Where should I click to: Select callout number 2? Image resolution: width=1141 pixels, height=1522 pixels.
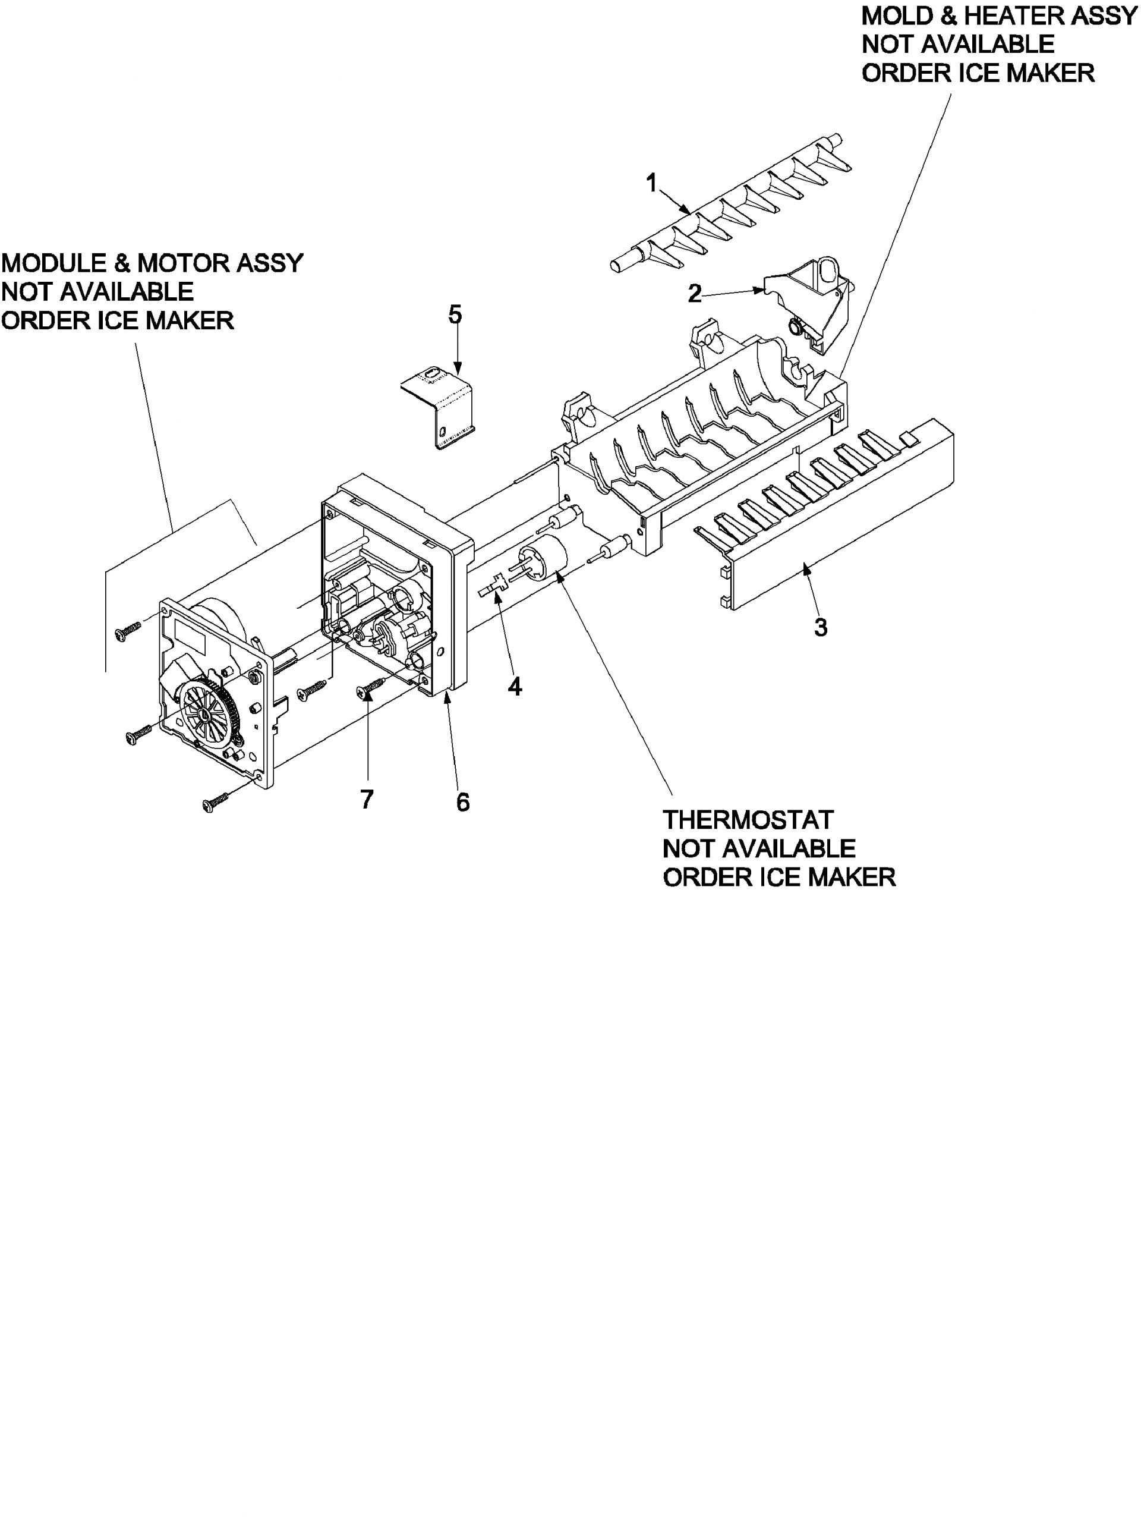[x=695, y=294]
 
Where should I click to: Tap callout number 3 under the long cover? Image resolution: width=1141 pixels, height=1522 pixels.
[x=820, y=627]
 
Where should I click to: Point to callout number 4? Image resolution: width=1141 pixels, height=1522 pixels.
[x=515, y=686]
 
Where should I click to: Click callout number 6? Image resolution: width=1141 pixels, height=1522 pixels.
[x=463, y=801]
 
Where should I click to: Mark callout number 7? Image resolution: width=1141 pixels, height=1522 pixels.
[x=367, y=799]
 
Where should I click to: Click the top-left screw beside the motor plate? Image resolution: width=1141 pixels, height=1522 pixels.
[x=128, y=630]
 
